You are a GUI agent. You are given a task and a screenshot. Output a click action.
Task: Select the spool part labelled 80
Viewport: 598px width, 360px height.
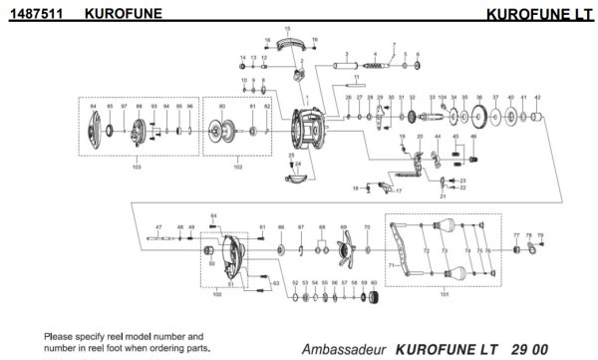[222, 132]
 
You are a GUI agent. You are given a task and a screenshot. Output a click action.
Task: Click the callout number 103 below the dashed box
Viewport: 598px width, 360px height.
[137, 168]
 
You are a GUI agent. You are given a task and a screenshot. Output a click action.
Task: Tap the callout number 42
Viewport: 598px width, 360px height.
[537, 98]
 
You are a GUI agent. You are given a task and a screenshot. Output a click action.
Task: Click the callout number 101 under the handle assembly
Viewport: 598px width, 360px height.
[444, 296]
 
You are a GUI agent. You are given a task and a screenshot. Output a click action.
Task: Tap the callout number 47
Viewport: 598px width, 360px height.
[157, 228]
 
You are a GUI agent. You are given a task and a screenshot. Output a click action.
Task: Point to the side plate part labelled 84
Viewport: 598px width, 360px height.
[95, 131]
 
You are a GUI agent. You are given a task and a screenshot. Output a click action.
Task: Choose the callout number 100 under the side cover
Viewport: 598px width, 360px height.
[217, 295]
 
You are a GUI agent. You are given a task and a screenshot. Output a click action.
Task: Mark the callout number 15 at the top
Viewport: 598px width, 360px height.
[288, 29]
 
